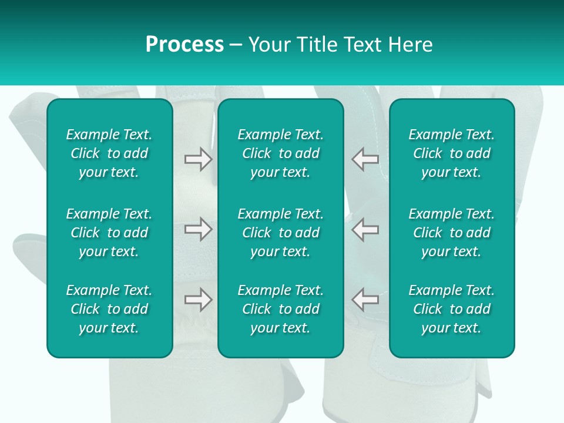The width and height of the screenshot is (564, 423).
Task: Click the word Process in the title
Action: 184,45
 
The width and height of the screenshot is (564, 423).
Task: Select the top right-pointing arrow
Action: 198,159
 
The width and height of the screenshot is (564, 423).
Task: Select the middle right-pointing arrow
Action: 198,229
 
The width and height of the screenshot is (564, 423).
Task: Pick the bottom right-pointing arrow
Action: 198,300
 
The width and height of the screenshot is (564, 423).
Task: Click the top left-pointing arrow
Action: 365,159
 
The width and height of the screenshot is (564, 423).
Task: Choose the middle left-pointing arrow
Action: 365,229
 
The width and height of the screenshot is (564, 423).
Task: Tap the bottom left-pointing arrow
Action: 365,300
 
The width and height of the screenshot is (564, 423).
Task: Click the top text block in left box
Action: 109,153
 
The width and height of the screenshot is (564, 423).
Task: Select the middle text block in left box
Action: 109,233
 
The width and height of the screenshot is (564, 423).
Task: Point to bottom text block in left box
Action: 109,309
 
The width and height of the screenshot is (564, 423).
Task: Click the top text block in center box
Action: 281,153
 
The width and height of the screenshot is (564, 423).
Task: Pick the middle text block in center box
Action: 281,233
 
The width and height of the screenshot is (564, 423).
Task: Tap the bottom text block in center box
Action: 281,309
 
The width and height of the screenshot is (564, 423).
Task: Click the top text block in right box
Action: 452,153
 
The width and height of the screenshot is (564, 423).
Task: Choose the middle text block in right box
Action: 452,233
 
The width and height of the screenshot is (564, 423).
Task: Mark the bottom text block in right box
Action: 452,309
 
